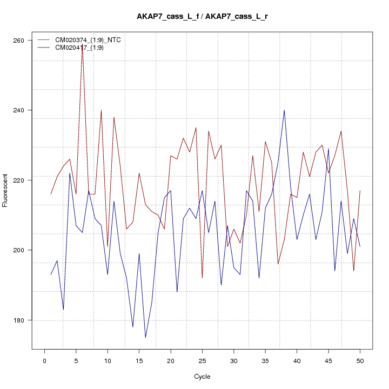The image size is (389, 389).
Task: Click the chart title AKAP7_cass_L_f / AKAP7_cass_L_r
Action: coord(202,17)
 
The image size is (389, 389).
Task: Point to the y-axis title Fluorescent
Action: coord(5,190)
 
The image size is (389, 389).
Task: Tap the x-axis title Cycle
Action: coord(202,377)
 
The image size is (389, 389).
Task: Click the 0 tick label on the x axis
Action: coord(44,360)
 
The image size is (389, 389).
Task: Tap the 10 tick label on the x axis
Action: coord(108,360)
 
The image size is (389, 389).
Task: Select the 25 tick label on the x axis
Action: coord(202,360)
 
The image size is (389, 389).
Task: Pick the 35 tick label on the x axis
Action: coord(265,360)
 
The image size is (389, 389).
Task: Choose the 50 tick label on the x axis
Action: coord(360,360)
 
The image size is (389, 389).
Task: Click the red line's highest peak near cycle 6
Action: coord(82,44)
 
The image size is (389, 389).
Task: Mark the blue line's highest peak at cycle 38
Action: coord(284,110)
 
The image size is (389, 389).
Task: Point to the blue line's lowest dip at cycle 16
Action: coord(145,337)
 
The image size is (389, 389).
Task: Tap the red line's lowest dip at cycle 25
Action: coord(202,278)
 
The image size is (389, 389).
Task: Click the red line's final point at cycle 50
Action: coord(360,191)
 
